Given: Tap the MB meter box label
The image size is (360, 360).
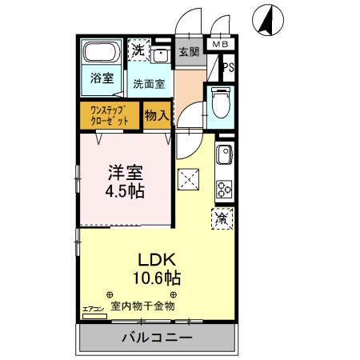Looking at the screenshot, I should pyautogui.click(x=218, y=46).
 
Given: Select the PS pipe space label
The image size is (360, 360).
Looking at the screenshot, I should pyautogui.click(x=229, y=68).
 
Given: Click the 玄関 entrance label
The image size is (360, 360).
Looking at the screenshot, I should pyautogui.click(x=189, y=52).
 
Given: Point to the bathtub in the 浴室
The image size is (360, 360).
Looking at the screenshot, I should pyautogui.click(x=101, y=54).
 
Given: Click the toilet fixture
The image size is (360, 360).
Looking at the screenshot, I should pyautogui.click(x=220, y=102).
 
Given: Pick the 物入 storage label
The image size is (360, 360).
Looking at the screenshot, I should pyautogui.click(x=156, y=115).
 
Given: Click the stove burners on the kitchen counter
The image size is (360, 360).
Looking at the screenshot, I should pyautogui.click(x=223, y=190).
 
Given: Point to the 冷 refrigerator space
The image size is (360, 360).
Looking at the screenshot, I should pyautogui.click(x=222, y=218).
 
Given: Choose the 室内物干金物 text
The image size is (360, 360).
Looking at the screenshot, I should pyautogui.click(x=142, y=306).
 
